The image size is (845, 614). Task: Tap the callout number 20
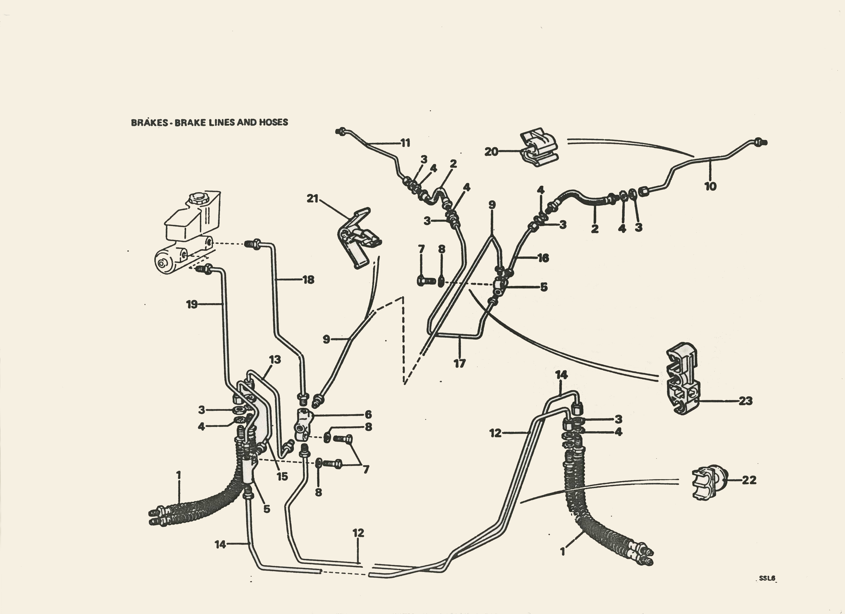(x=491, y=152)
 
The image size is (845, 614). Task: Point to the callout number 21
(x=312, y=199)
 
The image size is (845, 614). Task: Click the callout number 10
(x=710, y=186)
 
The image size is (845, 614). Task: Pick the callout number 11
(x=405, y=143)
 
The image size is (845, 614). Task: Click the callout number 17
(x=459, y=363)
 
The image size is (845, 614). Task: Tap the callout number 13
(x=275, y=359)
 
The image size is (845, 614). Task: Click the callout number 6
(x=368, y=414)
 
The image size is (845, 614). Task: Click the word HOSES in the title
(x=274, y=122)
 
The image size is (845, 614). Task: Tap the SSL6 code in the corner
(x=767, y=589)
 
